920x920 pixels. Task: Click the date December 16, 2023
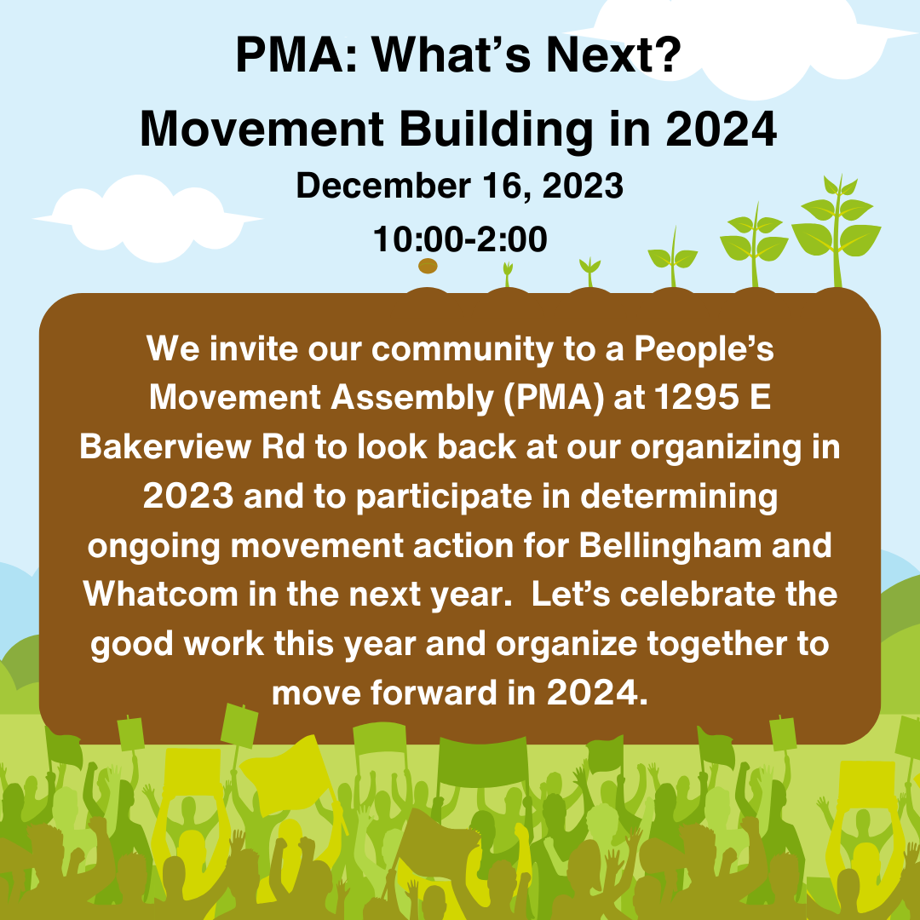pyautogui.click(x=460, y=187)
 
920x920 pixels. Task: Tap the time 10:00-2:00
pyautogui.click(x=460, y=240)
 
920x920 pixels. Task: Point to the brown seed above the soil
pyautogui.click(x=428, y=267)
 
